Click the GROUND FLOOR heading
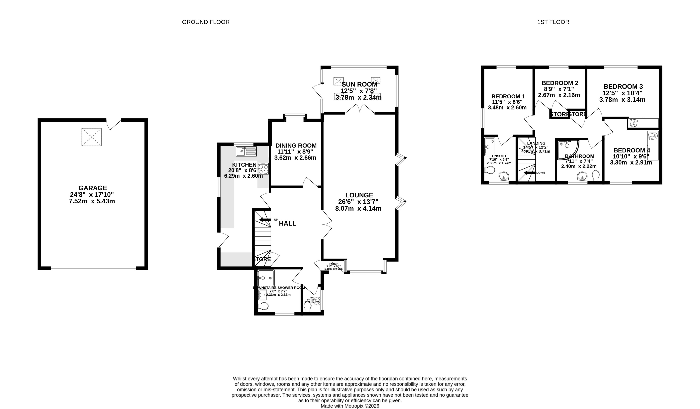click(206, 22)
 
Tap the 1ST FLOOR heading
click(553, 22)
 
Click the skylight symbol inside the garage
click(91, 137)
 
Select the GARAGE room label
click(92, 188)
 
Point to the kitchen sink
click(246, 151)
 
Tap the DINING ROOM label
click(296, 146)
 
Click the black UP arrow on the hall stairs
click(265, 220)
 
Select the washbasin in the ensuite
click(504, 176)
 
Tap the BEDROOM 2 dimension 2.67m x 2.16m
click(559, 95)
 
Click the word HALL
click(288, 223)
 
